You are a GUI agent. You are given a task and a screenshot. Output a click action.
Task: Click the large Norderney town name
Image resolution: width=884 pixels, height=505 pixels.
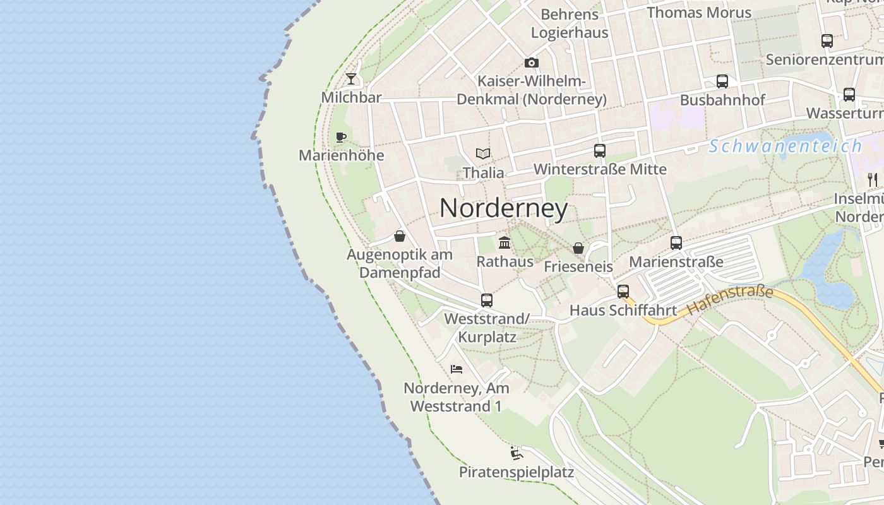click(503, 208)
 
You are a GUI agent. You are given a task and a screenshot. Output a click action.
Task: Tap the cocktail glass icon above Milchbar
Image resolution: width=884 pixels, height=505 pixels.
click(351, 79)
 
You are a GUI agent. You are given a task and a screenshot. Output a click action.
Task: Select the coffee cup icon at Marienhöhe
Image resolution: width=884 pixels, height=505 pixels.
click(341, 137)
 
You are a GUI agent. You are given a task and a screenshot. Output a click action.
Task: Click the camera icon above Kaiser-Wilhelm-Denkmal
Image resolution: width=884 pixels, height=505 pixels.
click(532, 62)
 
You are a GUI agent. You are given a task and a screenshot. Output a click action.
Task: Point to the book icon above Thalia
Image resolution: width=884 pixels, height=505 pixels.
click(483, 153)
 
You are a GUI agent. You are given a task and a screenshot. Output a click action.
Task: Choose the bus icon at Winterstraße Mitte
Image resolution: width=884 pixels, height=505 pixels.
click(600, 151)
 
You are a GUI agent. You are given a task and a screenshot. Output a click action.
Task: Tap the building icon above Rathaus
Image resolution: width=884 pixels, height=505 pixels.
click(505, 242)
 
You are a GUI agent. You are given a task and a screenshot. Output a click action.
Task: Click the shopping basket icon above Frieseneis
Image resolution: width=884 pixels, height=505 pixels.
click(578, 248)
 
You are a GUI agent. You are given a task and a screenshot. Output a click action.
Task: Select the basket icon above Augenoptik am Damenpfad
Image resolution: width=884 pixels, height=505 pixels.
click(399, 236)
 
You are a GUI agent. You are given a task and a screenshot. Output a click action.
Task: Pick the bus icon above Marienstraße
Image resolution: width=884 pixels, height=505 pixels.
click(676, 243)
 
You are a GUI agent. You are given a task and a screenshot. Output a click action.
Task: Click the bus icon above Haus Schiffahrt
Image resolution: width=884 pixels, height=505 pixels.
click(623, 292)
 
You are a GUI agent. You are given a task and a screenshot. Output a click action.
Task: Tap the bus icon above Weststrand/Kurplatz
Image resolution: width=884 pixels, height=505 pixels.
click(486, 300)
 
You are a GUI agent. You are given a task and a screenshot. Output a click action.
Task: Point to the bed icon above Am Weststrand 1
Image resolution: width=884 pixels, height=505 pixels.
click(457, 369)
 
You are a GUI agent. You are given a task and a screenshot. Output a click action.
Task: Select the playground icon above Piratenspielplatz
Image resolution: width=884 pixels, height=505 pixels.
click(516, 453)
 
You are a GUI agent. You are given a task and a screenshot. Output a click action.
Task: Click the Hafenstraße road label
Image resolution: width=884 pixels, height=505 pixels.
click(730, 300)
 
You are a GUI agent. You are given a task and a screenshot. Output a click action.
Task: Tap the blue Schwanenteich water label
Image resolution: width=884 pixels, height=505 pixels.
click(785, 146)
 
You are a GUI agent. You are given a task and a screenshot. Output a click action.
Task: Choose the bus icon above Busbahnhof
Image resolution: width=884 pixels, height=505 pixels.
click(722, 81)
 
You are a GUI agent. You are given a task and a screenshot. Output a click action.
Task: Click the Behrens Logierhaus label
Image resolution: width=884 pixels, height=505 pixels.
click(570, 23)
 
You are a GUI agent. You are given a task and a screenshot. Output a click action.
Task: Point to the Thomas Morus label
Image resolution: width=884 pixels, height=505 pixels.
click(699, 12)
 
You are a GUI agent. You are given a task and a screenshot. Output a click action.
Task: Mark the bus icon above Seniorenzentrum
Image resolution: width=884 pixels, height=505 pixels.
click(827, 41)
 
